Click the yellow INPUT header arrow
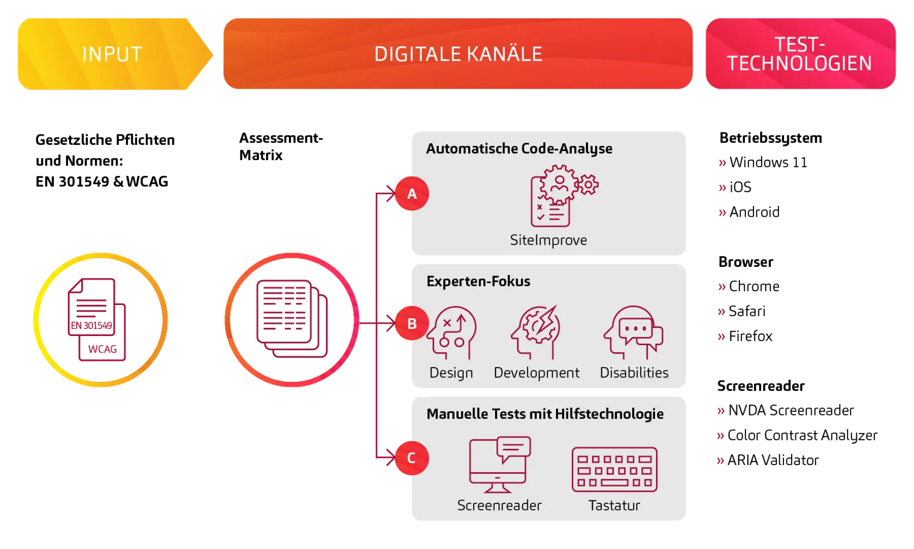pyautogui.click(x=112, y=54)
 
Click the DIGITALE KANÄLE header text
pyautogui.click(x=458, y=54)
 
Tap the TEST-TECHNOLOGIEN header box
pyautogui.click(x=800, y=54)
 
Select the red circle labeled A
pyautogui.click(x=412, y=194)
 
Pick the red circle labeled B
pyautogui.click(x=412, y=324)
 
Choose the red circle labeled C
pyautogui.click(x=412, y=458)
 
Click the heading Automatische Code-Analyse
pyautogui.click(x=519, y=149)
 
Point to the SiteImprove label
pyautogui.click(x=548, y=240)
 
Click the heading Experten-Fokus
pyautogui.click(x=478, y=281)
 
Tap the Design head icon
pyautogui.click(x=452, y=333)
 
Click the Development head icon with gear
pyautogui.click(x=536, y=333)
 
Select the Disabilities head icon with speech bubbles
pyautogui.click(x=634, y=333)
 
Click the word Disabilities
pyautogui.click(x=634, y=373)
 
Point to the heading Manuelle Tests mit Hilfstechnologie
pyautogui.click(x=545, y=414)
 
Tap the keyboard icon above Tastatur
pyautogui.click(x=614, y=469)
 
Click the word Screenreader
pyautogui.click(x=499, y=505)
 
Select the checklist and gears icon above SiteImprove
pyautogui.click(x=562, y=196)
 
